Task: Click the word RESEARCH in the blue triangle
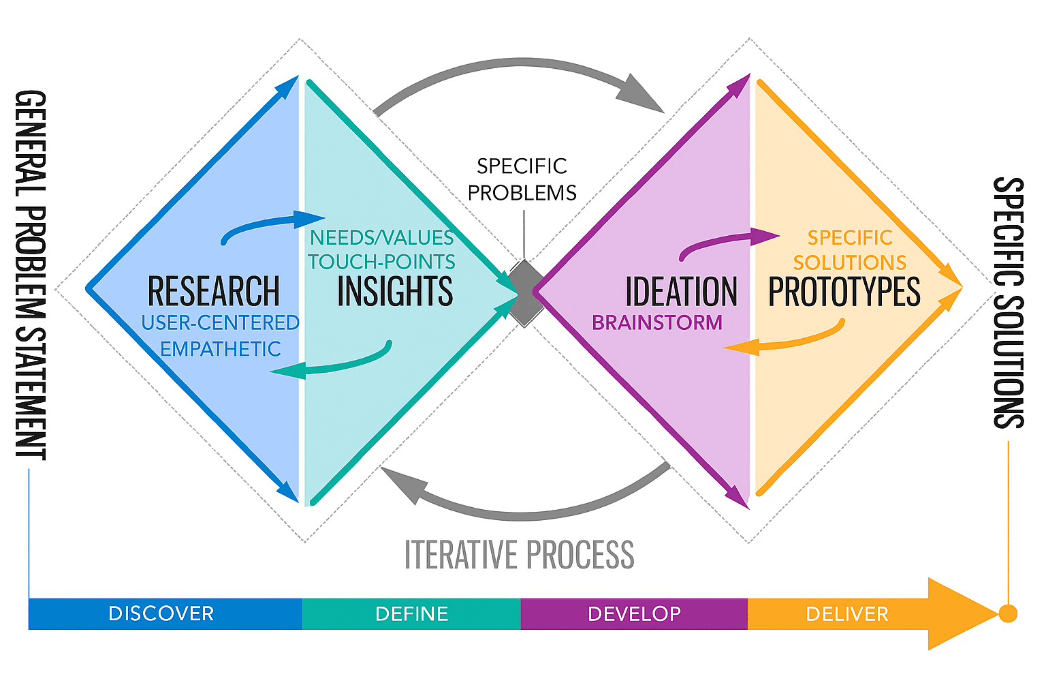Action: click(213, 292)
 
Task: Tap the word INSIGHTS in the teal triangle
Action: click(395, 292)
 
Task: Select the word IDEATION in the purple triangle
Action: click(681, 292)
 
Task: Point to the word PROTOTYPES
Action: click(844, 292)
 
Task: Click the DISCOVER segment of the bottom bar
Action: click(161, 613)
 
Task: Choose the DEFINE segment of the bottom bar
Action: click(411, 613)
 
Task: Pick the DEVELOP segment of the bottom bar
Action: click(634, 613)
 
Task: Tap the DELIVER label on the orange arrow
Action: click(847, 613)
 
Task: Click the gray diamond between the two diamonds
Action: click(524, 293)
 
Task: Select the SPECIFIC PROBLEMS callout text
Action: click(522, 179)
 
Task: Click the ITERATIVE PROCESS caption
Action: click(519, 554)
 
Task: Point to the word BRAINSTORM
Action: click(657, 322)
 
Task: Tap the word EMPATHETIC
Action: click(221, 349)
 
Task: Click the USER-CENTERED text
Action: click(221, 322)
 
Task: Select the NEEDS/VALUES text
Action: click(381, 237)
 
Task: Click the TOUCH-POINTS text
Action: click(381, 262)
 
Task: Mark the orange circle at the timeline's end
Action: click(1008, 613)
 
